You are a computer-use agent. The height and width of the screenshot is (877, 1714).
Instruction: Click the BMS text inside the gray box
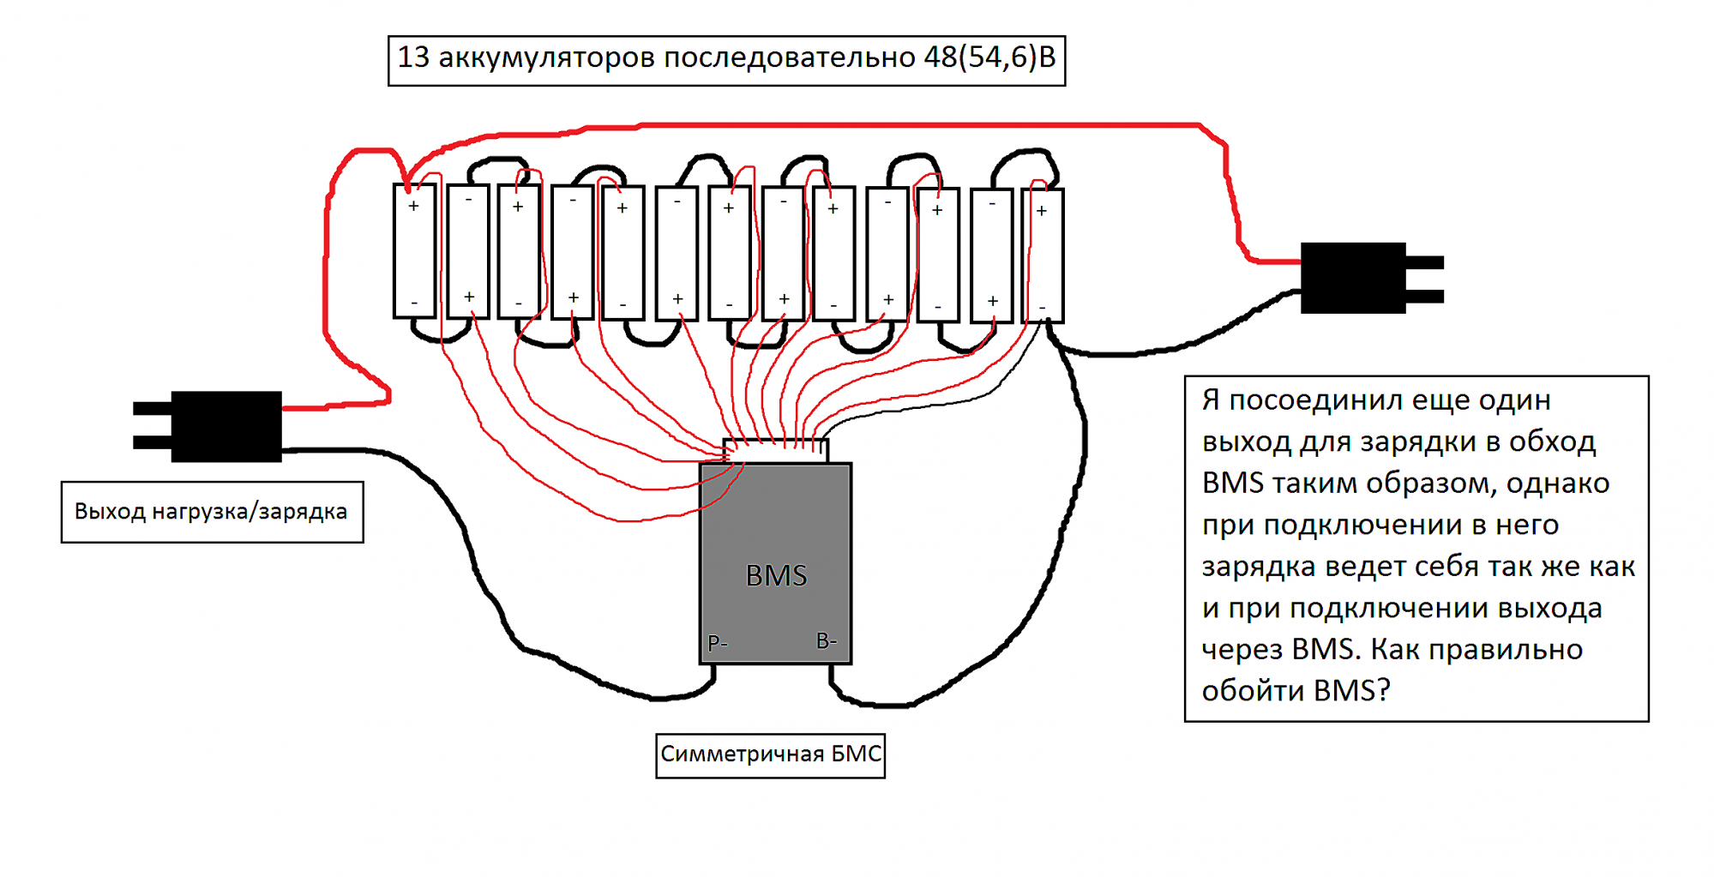tap(776, 575)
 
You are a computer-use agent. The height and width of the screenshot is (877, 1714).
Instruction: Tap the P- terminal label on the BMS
tap(718, 642)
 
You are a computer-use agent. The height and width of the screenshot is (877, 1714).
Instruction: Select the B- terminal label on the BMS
tap(826, 640)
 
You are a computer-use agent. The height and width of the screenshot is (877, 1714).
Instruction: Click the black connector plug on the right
tap(1352, 278)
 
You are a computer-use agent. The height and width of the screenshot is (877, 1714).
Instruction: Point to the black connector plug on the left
tap(226, 426)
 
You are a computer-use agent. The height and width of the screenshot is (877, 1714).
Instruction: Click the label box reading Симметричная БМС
tap(770, 754)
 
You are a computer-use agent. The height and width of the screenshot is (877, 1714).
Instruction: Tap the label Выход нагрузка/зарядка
tap(211, 512)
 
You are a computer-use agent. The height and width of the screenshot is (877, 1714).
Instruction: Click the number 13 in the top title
tap(412, 57)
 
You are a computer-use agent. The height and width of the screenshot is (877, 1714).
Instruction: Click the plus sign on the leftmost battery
tap(413, 206)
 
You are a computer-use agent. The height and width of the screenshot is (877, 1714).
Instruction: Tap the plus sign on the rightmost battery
tap(1041, 210)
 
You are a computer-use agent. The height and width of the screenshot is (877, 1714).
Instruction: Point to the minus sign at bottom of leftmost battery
tap(414, 303)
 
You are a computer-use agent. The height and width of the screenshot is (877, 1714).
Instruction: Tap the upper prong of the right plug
tap(1424, 262)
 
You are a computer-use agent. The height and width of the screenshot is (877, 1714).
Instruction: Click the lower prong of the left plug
tap(152, 442)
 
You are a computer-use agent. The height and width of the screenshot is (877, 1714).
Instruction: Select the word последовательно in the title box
tap(790, 57)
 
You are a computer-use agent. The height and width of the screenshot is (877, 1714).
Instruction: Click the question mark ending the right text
tap(1382, 691)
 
